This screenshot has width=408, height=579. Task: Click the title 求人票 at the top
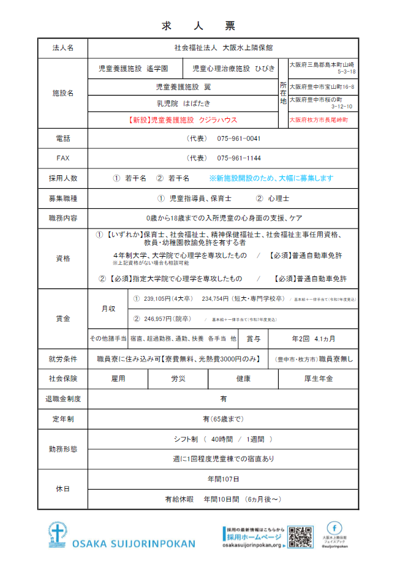[198, 26]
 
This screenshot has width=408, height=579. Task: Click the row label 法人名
[63, 48]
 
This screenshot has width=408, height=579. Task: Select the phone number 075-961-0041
[238, 138]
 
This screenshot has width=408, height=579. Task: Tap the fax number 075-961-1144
[238, 158]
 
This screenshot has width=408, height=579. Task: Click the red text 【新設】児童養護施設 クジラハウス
[183, 120]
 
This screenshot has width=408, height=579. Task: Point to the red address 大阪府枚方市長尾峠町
[319, 120]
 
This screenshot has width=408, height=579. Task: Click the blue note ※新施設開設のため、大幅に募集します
[271, 178]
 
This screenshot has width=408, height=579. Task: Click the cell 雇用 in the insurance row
[118, 379]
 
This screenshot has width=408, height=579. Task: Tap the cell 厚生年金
[319, 379]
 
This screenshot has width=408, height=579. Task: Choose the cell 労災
[178, 379]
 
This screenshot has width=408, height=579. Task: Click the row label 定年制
[63, 419]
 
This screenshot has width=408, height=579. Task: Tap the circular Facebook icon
[334, 528]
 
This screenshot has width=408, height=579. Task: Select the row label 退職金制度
[63, 399]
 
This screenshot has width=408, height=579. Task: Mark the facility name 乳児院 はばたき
[183, 104]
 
